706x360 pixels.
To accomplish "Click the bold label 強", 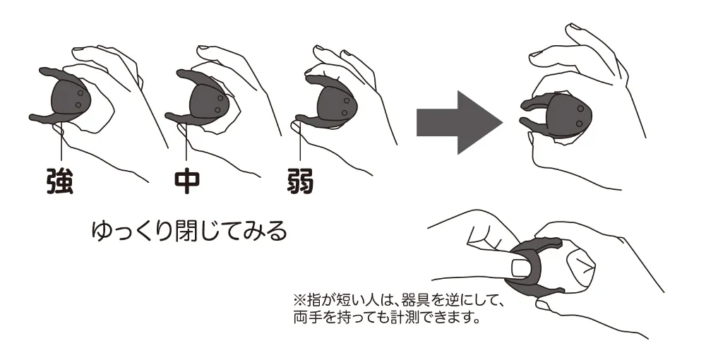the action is (x=60, y=181).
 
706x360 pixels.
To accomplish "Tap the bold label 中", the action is (x=186, y=181).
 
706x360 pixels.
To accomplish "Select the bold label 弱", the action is (x=300, y=181).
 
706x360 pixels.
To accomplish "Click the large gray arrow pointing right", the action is (x=460, y=122).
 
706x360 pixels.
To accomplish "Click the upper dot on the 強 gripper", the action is (x=80, y=93).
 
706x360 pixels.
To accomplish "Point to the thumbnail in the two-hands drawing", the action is (x=522, y=269).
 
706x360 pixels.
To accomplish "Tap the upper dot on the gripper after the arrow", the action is (x=580, y=109).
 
